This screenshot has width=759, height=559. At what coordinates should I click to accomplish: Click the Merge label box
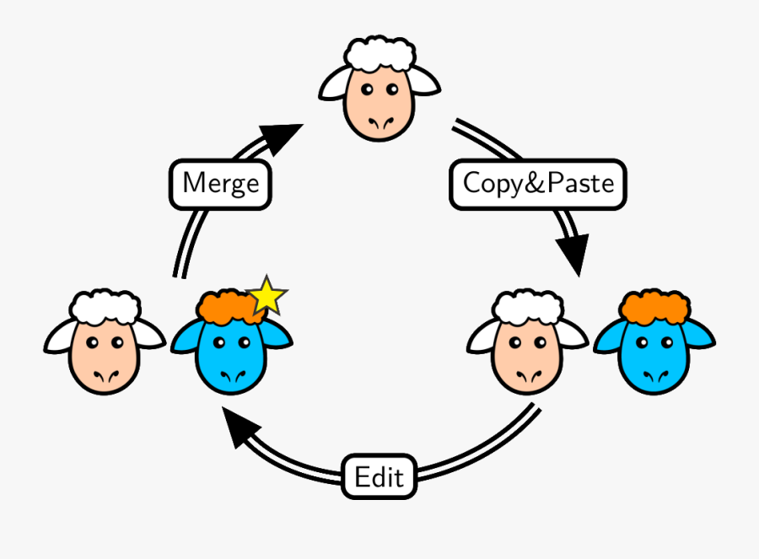[x=221, y=183]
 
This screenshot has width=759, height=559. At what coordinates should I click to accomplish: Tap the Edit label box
[x=379, y=477]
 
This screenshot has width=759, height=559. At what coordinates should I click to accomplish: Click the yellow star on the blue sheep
[x=268, y=295]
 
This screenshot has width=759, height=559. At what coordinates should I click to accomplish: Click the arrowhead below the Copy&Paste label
[x=572, y=253]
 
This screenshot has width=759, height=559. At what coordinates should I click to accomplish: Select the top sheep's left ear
[x=334, y=84]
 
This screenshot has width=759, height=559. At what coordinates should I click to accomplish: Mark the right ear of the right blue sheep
[x=700, y=336]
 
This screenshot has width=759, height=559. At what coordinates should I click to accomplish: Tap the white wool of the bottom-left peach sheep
[x=105, y=307]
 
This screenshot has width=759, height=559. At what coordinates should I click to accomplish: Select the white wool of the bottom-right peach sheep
[x=528, y=307]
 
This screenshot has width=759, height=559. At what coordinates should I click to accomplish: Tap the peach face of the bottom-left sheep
[x=105, y=358]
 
